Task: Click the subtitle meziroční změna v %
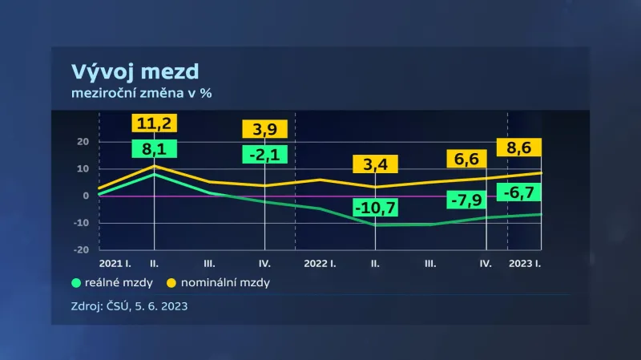(x=142, y=93)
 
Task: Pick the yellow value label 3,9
(x=264, y=128)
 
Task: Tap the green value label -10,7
(x=376, y=211)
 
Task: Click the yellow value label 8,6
(x=519, y=148)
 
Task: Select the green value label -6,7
(x=519, y=193)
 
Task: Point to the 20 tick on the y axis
(x=82, y=142)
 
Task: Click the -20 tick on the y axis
(x=80, y=249)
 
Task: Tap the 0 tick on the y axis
(x=85, y=196)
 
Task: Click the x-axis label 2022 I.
(x=320, y=262)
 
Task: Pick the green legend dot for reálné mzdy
(x=77, y=282)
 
